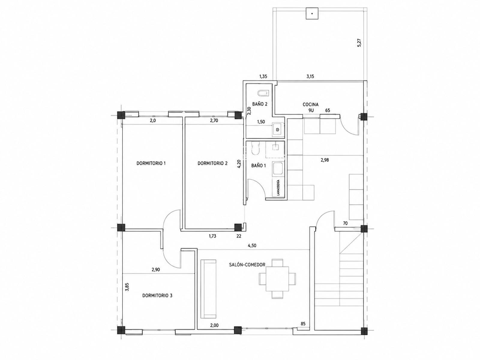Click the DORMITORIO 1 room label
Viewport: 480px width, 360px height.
pyautogui.click(x=151, y=163)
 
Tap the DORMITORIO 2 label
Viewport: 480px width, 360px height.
pyautogui.click(x=212, y=163)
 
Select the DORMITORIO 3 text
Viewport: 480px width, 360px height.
pyautogui.click(x=157, y=295)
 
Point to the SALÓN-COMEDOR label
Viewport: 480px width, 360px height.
pyautogui.click(x=247, y=265)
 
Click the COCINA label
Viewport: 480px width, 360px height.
pyautogui.click(x=310, y=105)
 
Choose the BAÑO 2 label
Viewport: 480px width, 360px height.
pyautogui.click(x=260, y=104)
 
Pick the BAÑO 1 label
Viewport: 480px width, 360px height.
pyautogui.click(x=259, y=166)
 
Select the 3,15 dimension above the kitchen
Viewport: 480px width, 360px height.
pyautogui.click(x=310, y=76)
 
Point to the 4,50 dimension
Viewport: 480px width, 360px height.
pyautogui.click(x=252, y=245)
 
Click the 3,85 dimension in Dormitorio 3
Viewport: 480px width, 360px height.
pyautogui.click(x=127, y=287)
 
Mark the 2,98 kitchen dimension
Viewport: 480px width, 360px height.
pyautogui.click(x=325, y=160)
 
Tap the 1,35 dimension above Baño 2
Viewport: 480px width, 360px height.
pyautogui.click(x=263, y=76)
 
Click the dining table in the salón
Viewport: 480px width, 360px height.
pyautogui.click(x=277, y=279)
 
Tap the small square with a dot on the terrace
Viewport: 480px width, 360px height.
pyautogui.click(x=312, y=13)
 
